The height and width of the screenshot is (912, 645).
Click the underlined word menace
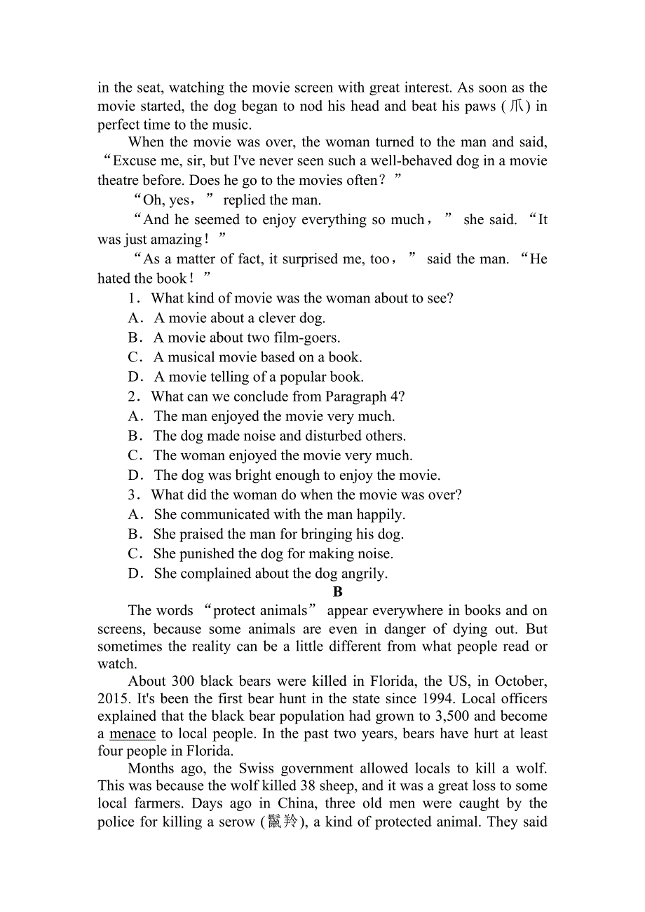(133, 734)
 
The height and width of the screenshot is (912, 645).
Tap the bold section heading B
(338, 592)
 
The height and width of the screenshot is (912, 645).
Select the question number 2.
(133, 396)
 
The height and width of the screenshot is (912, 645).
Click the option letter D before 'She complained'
(135, 574)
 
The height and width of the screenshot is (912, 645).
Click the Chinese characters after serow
(283, 822)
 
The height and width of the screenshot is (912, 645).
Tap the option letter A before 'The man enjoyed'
(135, 417)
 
